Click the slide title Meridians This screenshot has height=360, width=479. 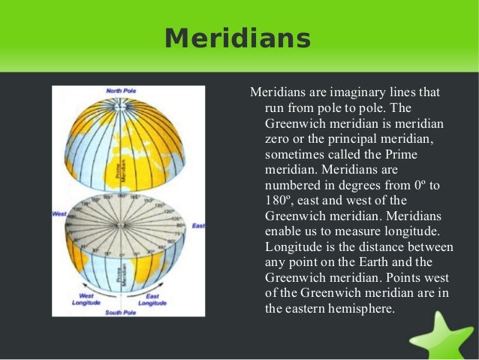pos(237,38)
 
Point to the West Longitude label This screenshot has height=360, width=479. pos(87,299)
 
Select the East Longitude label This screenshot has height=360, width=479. pos(153,299)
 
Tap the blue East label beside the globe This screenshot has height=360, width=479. pos(198,225)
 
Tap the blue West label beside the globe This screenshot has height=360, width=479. pos(59,214)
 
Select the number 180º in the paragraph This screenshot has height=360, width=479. pos(282,201)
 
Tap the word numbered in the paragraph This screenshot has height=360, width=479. pos(294,185)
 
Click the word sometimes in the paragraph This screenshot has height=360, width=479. pos(294,154)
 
